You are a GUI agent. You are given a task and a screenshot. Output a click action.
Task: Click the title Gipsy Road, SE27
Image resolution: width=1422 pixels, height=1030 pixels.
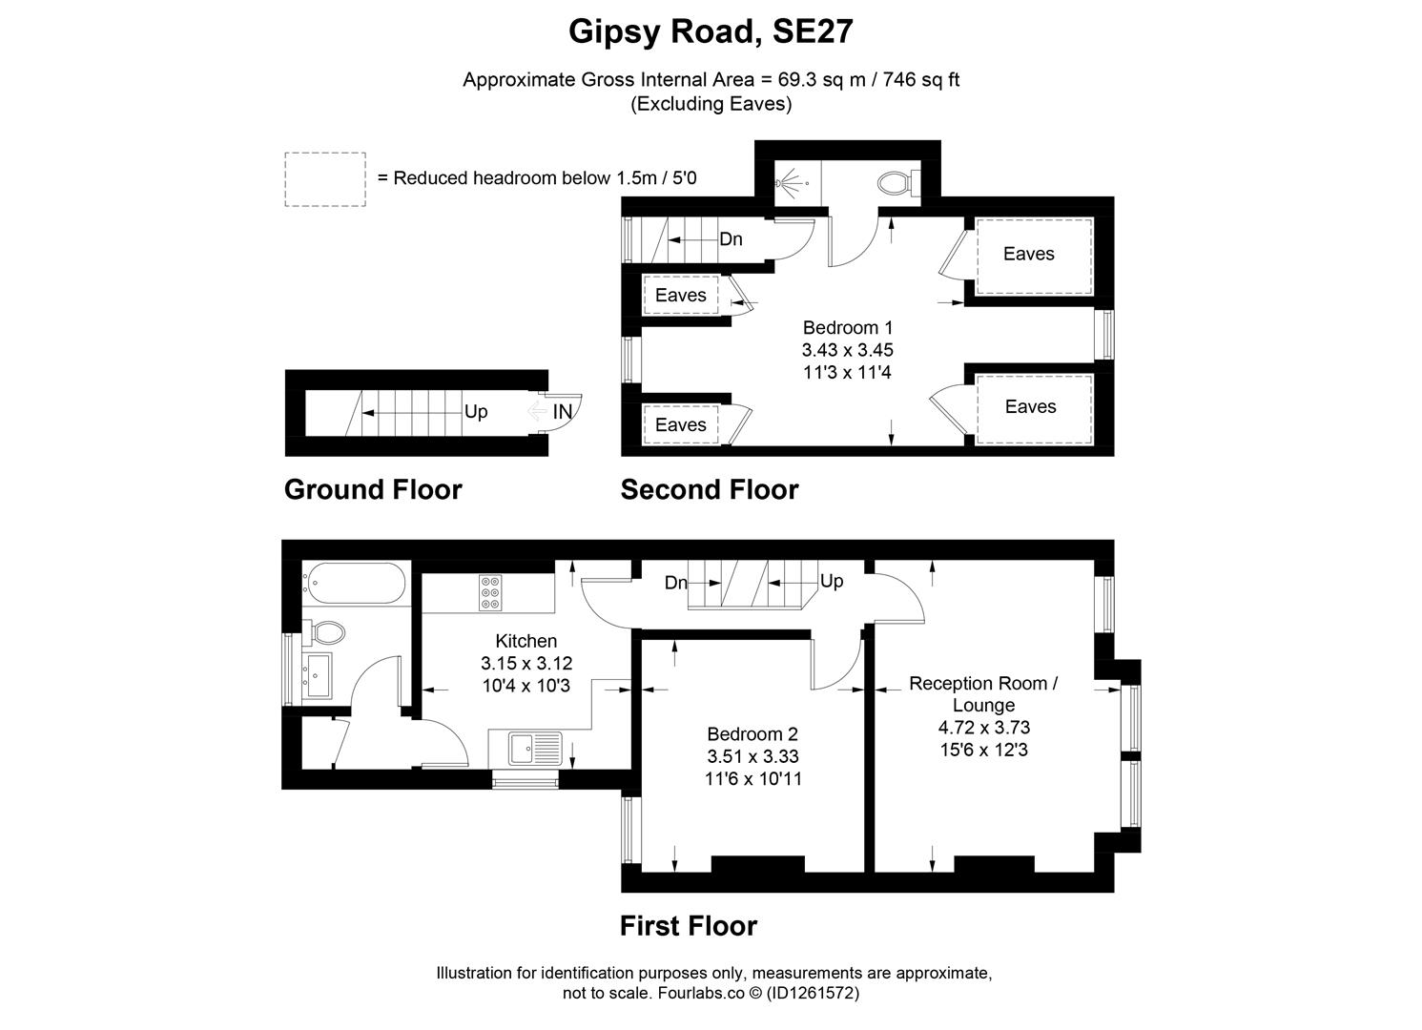pos(711,31)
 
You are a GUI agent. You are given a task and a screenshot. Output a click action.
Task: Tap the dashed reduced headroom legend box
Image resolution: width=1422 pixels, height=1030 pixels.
pos(324,179)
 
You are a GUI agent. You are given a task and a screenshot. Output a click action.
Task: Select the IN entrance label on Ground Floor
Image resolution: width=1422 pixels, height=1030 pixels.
pos(563,412)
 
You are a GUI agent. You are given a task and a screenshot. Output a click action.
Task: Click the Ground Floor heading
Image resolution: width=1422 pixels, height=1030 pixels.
pos(373,489)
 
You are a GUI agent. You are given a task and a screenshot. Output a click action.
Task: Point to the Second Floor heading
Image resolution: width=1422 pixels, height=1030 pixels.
pos(710,489)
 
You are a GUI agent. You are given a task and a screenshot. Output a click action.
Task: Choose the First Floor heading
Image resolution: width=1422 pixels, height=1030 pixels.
pos(689,926)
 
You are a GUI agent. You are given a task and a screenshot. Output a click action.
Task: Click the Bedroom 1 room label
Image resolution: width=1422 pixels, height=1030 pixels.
pos(848,327)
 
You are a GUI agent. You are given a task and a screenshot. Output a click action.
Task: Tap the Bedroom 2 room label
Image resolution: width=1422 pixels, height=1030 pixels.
pos(752,734)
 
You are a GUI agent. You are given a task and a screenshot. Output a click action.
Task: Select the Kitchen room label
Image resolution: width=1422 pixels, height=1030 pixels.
pos(526,641)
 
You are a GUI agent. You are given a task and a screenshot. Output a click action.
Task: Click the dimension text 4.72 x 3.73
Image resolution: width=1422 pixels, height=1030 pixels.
pos(983,728)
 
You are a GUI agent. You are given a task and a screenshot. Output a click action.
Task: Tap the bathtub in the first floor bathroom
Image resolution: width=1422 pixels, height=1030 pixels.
pos(354,583)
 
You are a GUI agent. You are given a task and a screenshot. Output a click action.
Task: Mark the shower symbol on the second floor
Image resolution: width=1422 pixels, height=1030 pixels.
pos(791,181)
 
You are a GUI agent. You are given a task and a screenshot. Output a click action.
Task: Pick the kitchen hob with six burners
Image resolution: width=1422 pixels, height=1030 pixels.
pos(490,592)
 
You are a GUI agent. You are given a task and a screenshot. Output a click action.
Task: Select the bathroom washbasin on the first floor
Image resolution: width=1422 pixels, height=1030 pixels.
pos(317,673)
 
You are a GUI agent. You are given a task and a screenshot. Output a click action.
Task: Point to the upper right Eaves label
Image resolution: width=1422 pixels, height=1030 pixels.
pos(1028,254)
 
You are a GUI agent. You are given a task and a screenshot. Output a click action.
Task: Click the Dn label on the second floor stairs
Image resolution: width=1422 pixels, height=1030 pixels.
pos(731,239)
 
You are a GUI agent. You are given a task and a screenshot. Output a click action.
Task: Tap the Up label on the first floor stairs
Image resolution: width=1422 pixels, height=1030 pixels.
pos(832,581)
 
